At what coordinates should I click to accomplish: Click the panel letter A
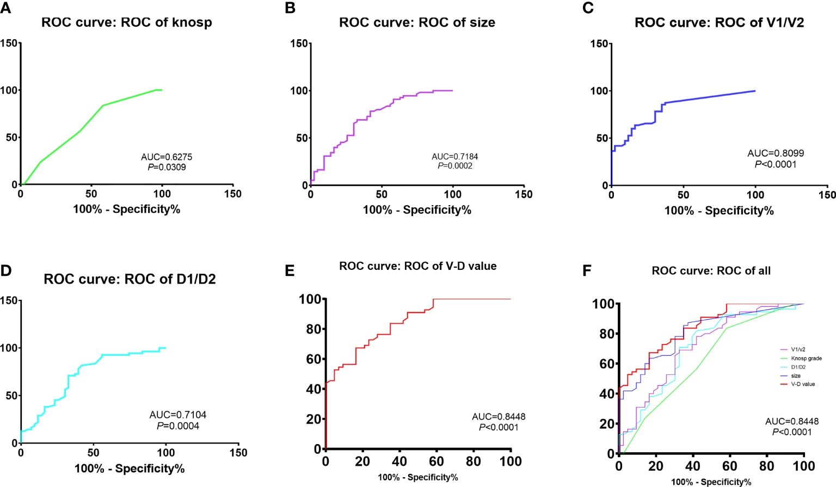(x=5, y=8)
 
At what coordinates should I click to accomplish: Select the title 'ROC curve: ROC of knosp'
(x=127, y=23)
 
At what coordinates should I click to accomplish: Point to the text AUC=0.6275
(x=167, y=157)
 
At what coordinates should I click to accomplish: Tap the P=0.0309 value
(x=167, y=167)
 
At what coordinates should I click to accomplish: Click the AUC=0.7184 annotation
(x=455, y=157)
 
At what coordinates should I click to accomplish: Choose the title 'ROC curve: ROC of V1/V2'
(x=719, y=23)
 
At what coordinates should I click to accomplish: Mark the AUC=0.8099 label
(x=776, y=153)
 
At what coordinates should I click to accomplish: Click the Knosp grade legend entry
(x=806, y=359)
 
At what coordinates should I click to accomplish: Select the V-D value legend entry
(x=803, y=384)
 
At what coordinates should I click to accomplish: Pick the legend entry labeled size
(x=796, y=376)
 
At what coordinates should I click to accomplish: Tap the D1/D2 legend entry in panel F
(x=798, y=367)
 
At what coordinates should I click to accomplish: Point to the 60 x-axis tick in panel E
(x=437, y=461)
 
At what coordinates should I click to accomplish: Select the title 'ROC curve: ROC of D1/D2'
(x=130, y=279)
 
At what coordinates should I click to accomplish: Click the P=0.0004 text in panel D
(x=178, y=426)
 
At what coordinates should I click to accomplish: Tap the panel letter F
(x=587, y=270)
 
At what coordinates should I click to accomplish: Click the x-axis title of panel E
(x=417, y=478)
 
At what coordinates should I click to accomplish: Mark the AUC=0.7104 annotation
(x=178, y=415)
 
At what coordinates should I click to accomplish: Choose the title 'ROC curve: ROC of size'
(x=417, y=23)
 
